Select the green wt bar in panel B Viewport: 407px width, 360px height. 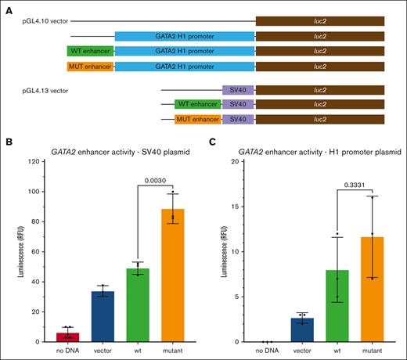click(137, 305)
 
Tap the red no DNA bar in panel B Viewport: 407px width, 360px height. click(70, 337)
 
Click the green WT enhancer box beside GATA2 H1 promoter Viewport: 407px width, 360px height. click(90, 51)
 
